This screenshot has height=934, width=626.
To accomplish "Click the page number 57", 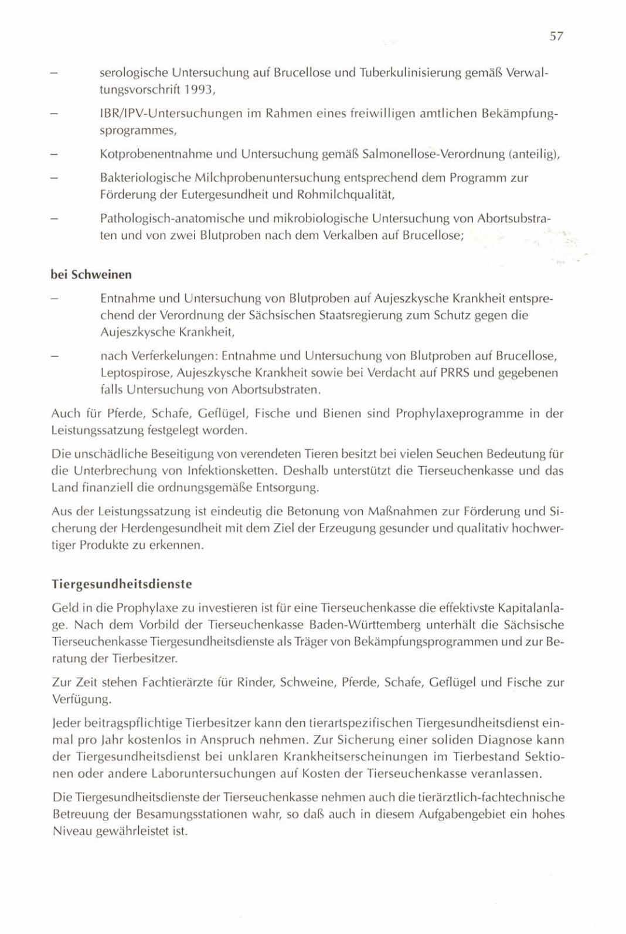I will (556, 36).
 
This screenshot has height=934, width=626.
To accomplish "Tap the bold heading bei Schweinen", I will (91, 275).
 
